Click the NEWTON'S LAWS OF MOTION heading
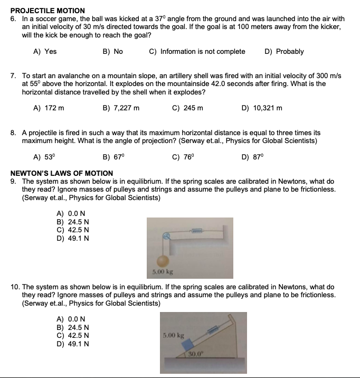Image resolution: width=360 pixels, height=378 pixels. (62, 173)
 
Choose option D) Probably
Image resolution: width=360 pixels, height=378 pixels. (283, 51)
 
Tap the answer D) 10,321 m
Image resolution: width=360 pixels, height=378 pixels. (261, 108)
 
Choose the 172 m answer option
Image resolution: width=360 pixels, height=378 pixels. (49, 108)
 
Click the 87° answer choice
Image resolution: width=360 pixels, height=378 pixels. (252, 157)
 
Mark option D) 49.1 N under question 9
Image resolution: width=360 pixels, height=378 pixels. (72, 238)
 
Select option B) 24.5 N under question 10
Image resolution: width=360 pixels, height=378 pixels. (72, 327)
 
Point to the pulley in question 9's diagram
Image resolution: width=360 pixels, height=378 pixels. (167, 237)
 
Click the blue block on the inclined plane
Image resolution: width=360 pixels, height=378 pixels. (188, 344)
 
